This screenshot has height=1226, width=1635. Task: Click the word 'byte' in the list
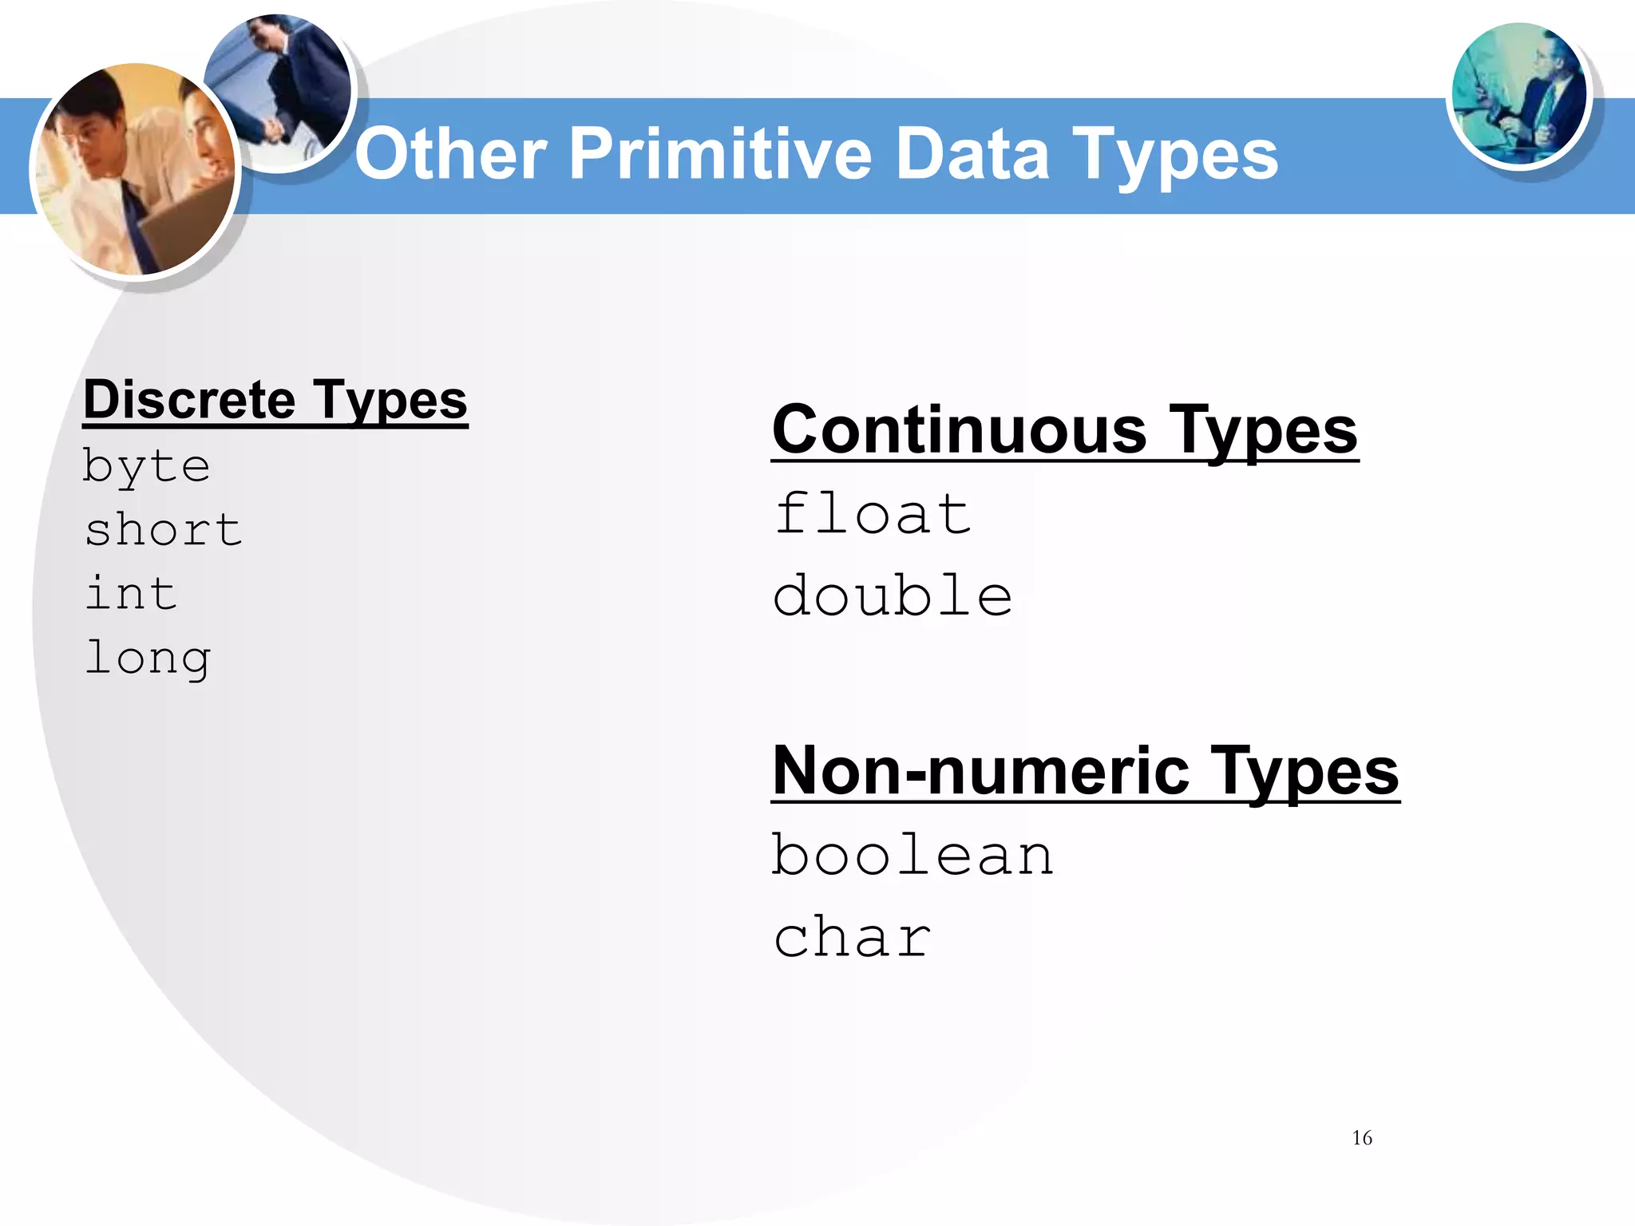147,466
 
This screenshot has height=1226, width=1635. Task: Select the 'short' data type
164,530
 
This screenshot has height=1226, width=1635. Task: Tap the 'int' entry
131,594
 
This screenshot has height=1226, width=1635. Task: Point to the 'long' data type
148,659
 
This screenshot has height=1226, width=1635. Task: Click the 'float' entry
873,514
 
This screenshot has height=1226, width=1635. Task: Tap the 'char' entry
853,937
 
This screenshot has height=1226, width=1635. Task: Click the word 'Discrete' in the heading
189,400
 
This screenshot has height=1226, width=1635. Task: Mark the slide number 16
1362,1138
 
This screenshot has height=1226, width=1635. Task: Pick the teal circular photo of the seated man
1518,94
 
